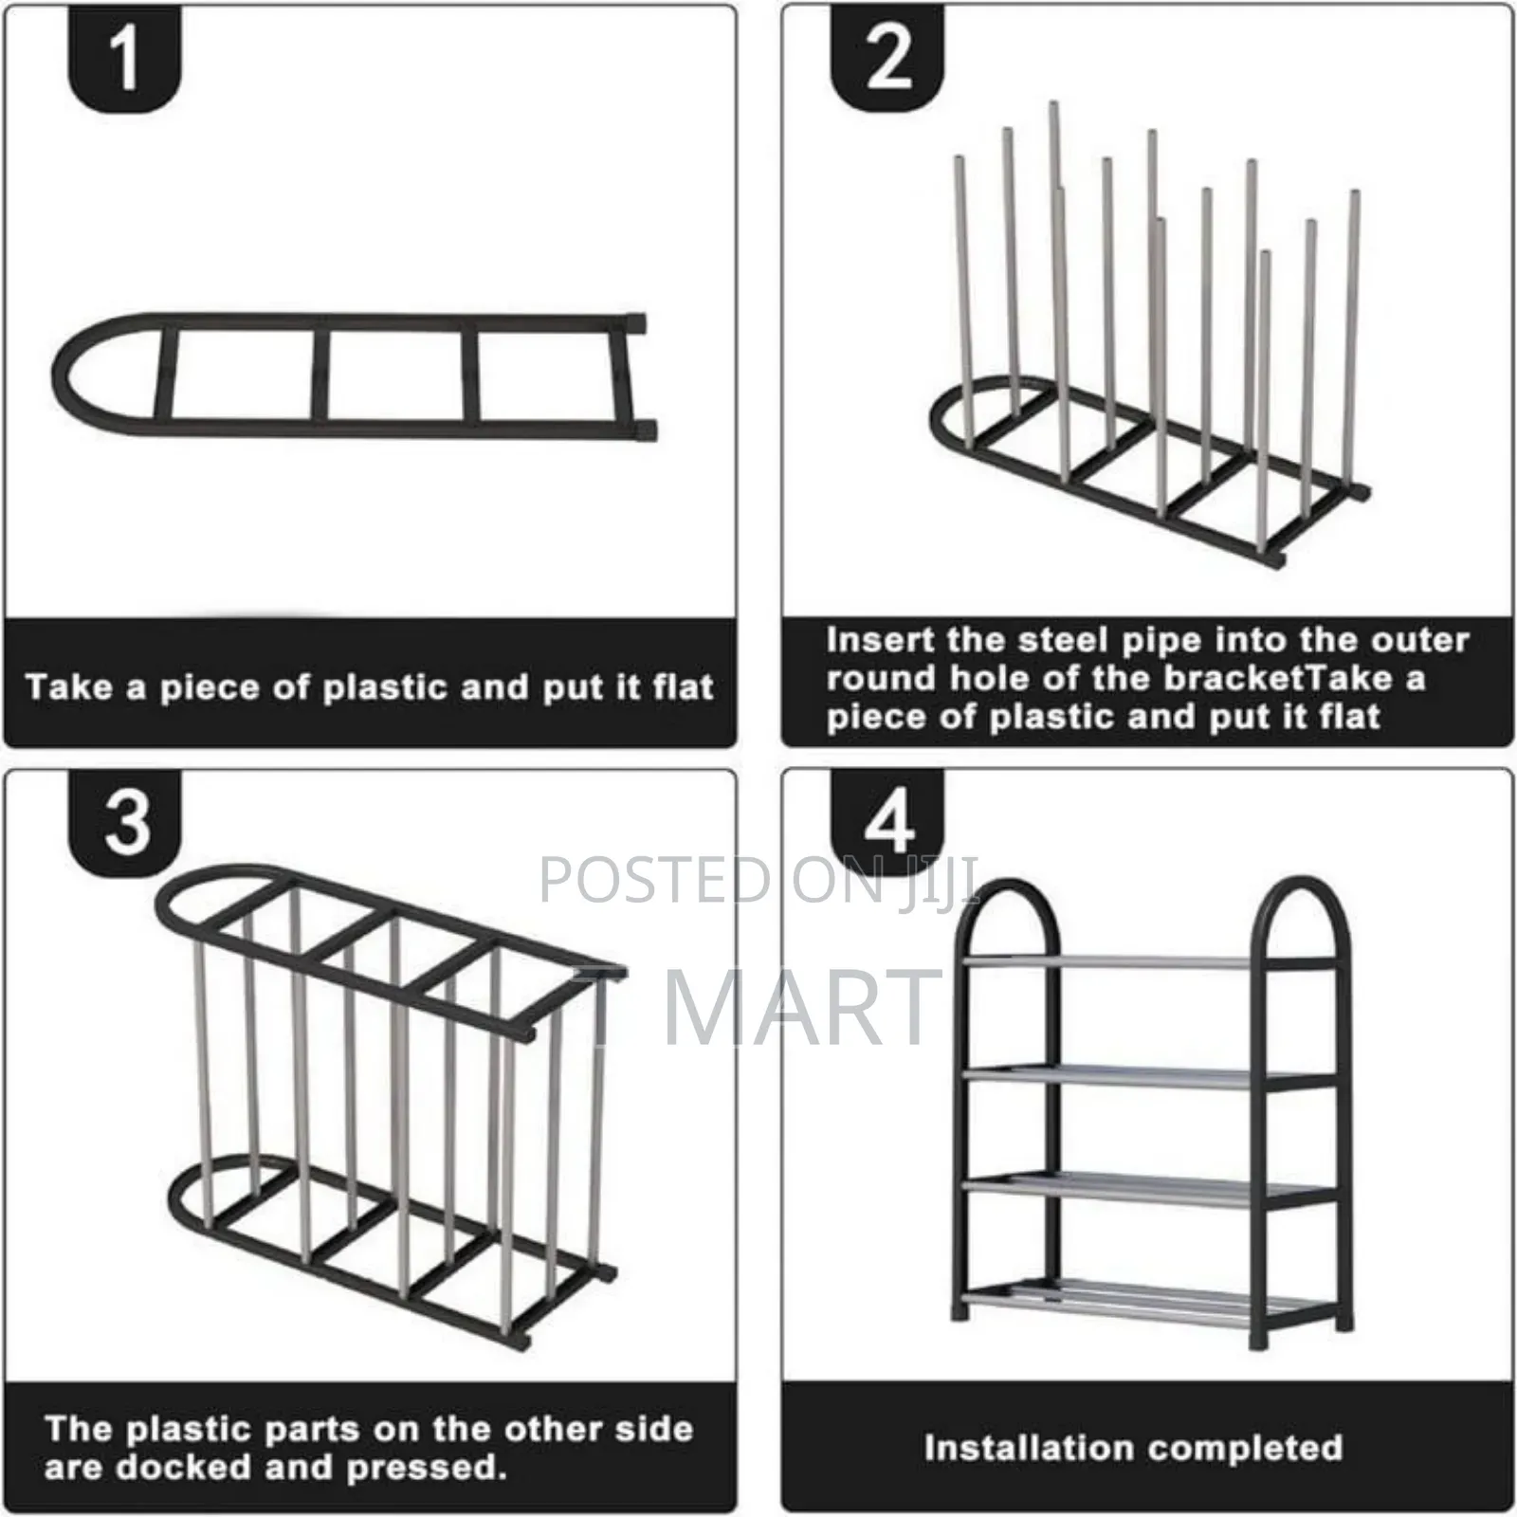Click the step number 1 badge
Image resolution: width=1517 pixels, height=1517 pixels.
(124, 60)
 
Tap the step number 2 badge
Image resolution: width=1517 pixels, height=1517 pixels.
(887, 60)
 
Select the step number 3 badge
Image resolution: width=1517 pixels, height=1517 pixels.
(126, 821)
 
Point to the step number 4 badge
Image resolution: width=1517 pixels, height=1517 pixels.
(888, 821)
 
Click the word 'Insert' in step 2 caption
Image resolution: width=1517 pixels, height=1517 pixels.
(880, 640)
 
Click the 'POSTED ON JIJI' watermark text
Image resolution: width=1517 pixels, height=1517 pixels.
(758, 880)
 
